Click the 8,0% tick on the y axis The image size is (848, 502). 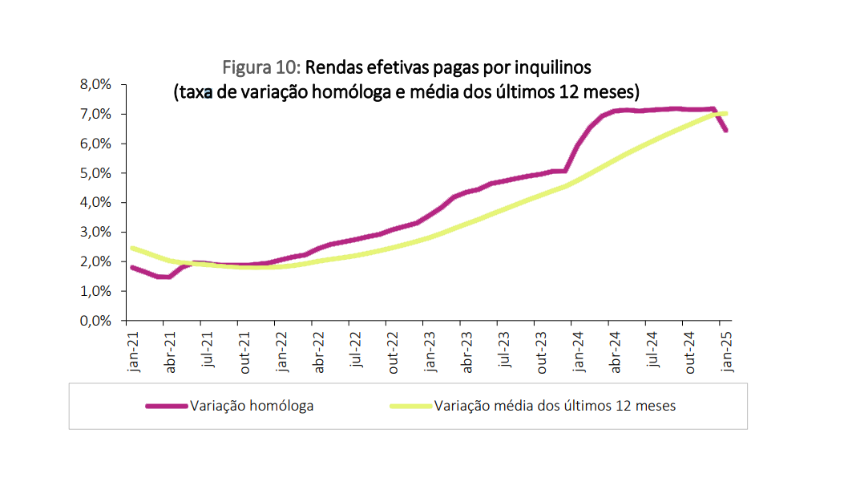(95, 84)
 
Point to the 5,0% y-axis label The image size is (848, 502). (95, 173)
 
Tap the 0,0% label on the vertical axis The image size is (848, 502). (95, 321)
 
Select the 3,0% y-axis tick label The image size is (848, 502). (95, 233)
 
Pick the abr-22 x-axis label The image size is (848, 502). (318, 353)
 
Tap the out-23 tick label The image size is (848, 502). (541, 353)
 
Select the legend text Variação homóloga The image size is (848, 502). (252, 406)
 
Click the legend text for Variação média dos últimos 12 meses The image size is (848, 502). (555, 406)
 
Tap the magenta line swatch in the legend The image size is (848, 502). (167, 406)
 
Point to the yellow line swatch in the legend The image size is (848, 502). (411, 406)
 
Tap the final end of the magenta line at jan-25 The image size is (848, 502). (725, 130)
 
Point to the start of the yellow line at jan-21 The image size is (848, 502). (132, 248)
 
